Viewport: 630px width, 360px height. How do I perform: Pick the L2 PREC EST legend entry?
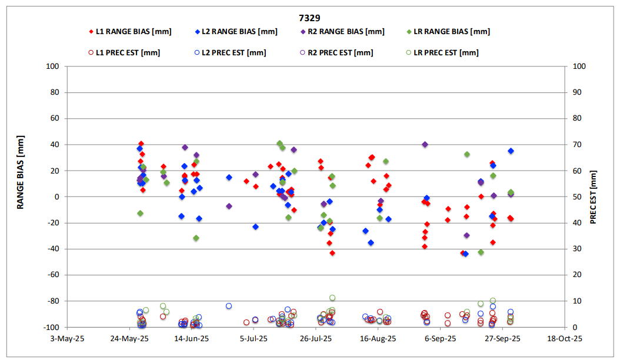coord(231,52)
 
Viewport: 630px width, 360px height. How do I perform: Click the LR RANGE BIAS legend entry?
coord(448,32)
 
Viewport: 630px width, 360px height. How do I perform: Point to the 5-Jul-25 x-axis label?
coord(254,339)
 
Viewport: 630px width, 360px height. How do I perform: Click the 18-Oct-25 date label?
coord(565,339)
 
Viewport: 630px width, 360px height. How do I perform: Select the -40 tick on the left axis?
coord(54,249)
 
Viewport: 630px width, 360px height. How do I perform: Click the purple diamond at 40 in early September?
coord(425,145)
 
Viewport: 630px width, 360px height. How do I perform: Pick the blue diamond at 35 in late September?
coord(511,151)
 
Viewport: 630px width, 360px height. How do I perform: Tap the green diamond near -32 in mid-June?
coord(196,238)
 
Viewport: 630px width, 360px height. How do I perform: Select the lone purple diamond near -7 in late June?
coord(229,206)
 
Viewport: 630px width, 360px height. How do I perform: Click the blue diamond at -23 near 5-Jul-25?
coord(255,226)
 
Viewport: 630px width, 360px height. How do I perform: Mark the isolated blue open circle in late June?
coord(229,306)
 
